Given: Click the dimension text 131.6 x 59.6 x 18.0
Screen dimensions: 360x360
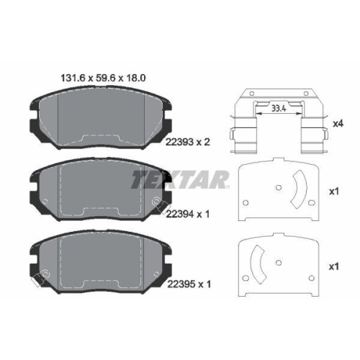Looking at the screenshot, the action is (103, 78).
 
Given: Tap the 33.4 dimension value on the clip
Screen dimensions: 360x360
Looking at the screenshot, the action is (279, 109).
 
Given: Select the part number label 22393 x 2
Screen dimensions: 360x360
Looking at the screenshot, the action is (188, 142).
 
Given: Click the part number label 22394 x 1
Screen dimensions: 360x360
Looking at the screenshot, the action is (188, 214).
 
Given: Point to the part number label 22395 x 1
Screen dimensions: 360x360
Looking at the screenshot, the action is (189, 284).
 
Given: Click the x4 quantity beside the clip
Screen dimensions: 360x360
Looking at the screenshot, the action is (338, 124).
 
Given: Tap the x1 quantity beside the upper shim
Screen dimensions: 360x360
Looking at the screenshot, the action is (333, 192).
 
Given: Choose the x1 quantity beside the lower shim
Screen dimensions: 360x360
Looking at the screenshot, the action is (333, 266).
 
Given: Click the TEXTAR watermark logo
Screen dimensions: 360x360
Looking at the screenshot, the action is (180, 179).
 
